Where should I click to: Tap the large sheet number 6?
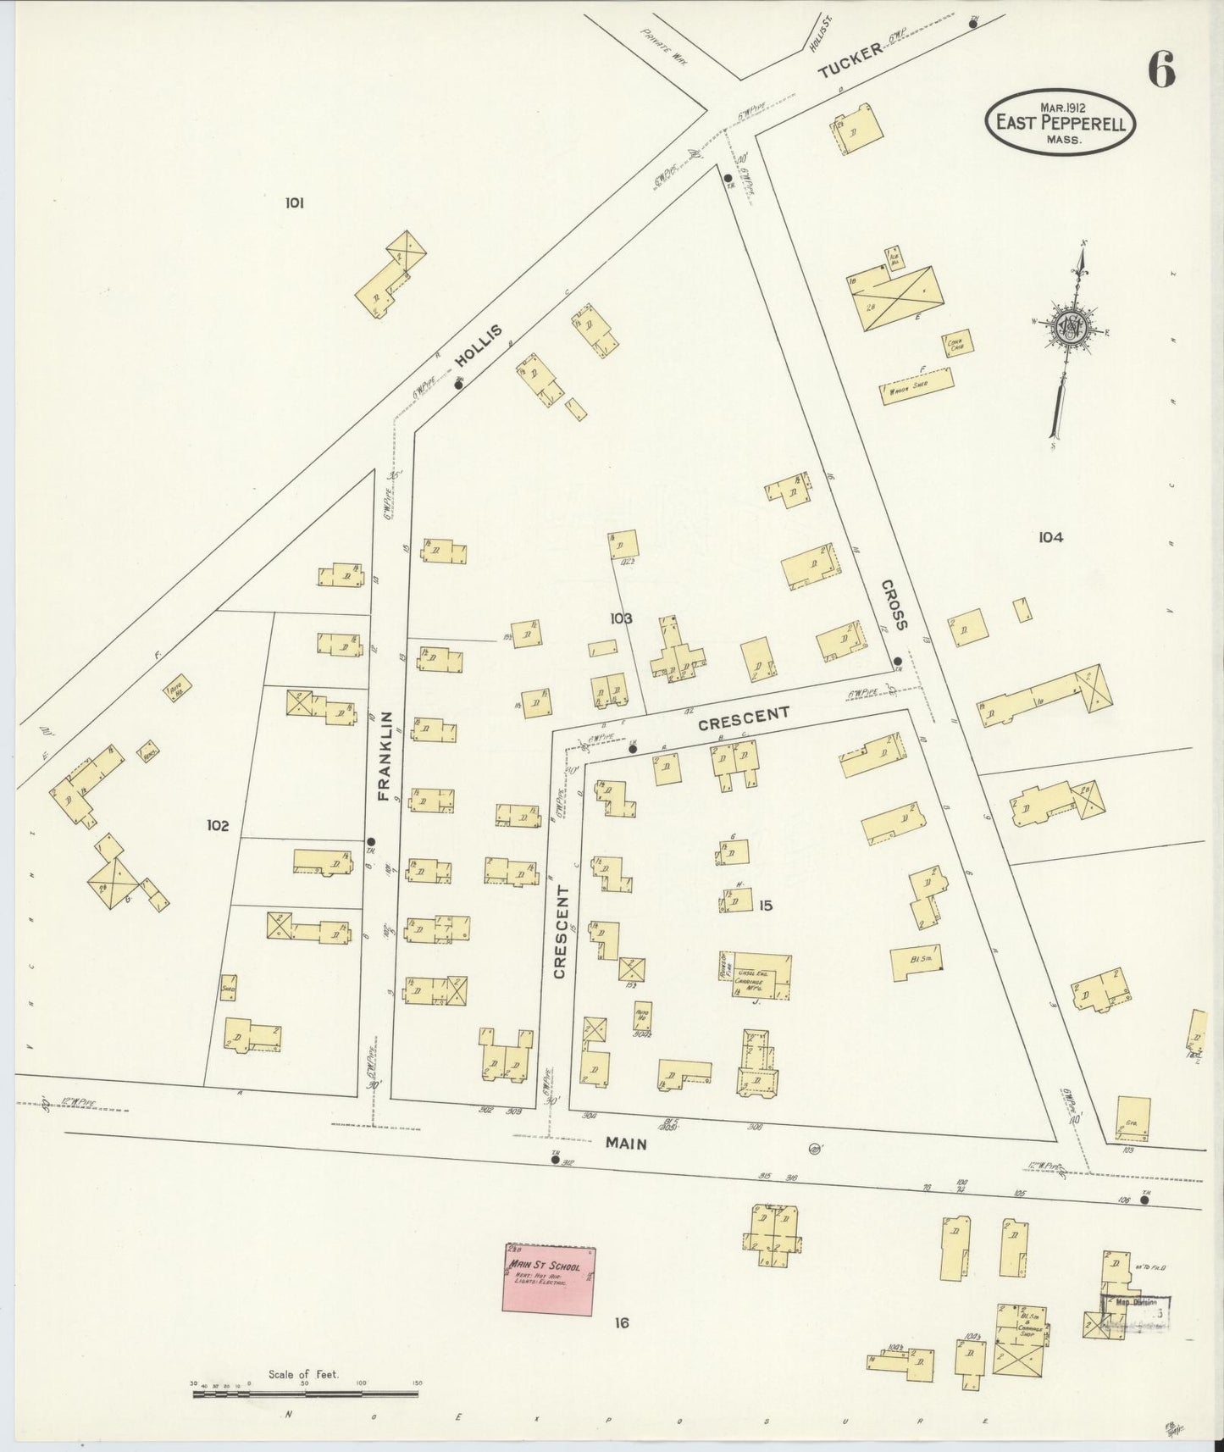pos(1160,69)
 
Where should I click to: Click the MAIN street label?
pos(626,1144)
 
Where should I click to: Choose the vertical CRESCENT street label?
pos(560,932)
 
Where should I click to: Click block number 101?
pos(294,202)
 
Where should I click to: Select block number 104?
pos(1050,536)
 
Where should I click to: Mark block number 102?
pos(218,825)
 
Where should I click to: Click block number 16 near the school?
pos(623,1322)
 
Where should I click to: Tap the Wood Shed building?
pos(918,386)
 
